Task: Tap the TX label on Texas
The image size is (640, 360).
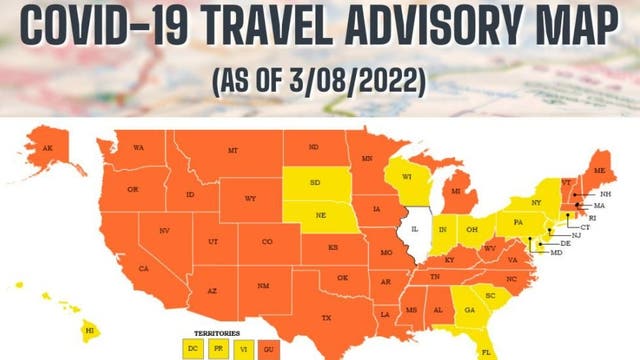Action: pyautogui.click(x=325, y=317)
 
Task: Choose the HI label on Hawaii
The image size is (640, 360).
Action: pyautogui.click(x=88, y=328)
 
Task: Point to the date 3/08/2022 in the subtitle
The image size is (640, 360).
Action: pyautogui.click(x=350, y=79)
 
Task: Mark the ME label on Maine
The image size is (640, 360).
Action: pyautogui.click(x=598, y=170)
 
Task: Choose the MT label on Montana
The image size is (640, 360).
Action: pyautogui.click(x=233, y=150)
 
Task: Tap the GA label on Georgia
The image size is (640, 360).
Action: pyautogui.click(x=466, y=310)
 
